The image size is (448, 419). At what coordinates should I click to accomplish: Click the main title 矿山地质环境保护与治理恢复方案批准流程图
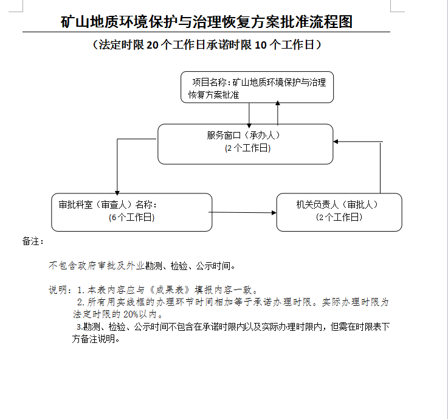(x=207, y=22)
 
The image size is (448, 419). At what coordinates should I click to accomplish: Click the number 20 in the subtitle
(x=153, y=45)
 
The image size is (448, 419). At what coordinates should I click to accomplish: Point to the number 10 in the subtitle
(x=261, y=45)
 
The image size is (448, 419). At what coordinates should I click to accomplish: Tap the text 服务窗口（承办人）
(x=244, y=135)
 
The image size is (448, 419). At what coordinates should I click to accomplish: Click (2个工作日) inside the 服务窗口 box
(x=248, y=148)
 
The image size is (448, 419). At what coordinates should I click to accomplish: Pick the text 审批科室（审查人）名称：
(x=108, y=205)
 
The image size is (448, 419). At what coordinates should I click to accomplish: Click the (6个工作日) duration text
(x=132, y=218)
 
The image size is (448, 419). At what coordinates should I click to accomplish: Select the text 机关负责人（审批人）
(x=337, y=205)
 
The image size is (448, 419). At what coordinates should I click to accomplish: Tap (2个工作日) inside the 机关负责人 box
(x=339, y=217)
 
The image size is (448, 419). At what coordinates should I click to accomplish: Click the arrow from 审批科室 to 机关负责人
(x=243, y=212)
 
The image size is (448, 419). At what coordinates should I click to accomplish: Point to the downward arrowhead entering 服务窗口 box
(x=249, y=126)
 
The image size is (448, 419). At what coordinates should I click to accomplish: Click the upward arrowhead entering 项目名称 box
(x=277, y=103)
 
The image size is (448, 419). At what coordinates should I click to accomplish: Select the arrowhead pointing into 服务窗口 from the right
(x=336, y=142)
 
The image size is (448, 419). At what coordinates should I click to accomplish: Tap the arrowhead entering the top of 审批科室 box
(x=117, y=193)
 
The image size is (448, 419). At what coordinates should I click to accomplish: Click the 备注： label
(x=33, y=241)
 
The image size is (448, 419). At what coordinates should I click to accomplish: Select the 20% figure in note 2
(x=131, y=314)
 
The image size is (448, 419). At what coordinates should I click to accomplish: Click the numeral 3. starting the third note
(x=80, y=327)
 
